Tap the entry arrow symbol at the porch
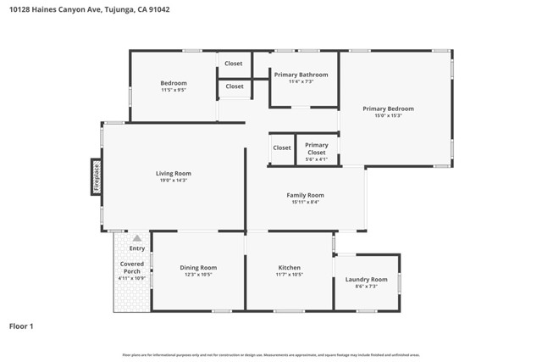(137, 239)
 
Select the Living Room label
(173, 173)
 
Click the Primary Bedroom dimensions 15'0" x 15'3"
(388, 115)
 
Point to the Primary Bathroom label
(301, 75)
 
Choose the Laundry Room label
(366, 279)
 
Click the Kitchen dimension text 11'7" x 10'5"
(289, 275)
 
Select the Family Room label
(305, 195)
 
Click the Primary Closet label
(316, 148)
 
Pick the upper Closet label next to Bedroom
(234, 64)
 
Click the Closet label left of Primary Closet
(281, 148)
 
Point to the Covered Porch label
(131, 268)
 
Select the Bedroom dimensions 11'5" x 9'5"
(174, 89)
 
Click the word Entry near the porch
(137, 248)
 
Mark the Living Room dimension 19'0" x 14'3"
(173, 180)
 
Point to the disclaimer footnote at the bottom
(271, 354)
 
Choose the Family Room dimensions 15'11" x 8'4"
(305, 202)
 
